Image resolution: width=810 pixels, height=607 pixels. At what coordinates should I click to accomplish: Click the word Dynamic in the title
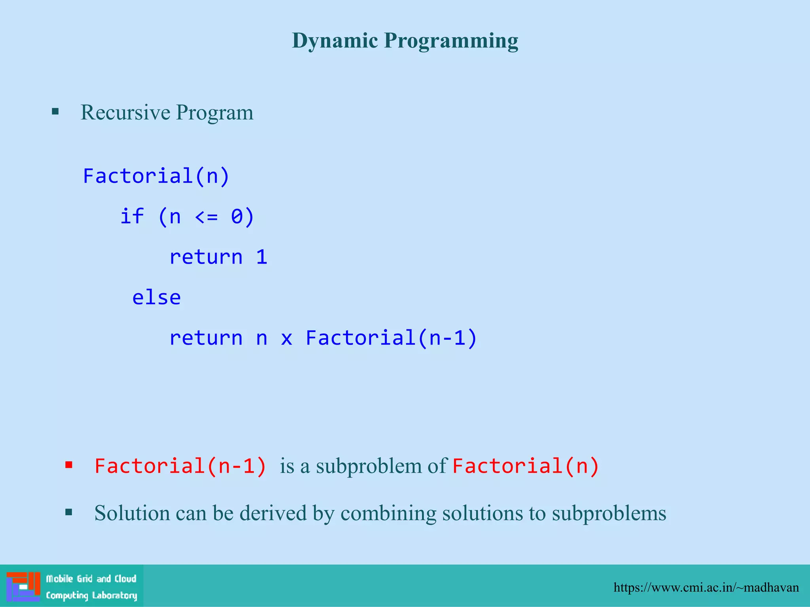point(335,41)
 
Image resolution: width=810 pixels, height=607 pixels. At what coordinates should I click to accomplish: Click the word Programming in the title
point(451,41)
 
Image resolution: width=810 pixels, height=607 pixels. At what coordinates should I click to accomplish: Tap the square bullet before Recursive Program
point(55,111)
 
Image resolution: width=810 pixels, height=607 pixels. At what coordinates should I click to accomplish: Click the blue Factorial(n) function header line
point(156,176)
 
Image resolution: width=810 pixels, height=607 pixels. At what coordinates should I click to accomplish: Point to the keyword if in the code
point(132,217)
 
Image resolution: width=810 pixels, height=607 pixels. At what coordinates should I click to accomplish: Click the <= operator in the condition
point(206,217)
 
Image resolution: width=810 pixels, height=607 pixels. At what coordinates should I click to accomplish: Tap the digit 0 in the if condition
point(237,217)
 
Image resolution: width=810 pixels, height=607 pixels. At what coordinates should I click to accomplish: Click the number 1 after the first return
point(261,257)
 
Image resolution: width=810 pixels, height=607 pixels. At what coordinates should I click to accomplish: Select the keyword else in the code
point(156,298)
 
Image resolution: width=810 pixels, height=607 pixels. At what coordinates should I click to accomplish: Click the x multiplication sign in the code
point(286,338)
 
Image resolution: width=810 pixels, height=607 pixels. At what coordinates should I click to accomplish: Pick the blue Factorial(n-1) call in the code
point(391,338)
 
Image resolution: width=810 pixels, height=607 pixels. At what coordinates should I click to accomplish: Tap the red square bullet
point(69,465)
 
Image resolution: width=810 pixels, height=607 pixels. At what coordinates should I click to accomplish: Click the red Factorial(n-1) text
point(180,466)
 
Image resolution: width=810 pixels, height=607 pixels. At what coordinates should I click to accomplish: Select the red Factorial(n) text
point(526,466)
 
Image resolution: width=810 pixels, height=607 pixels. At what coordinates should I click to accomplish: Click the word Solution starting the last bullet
point(132,513)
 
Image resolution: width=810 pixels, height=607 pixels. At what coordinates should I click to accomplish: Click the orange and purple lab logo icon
point(23,586)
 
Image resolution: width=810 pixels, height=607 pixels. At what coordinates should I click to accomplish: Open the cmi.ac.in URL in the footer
point(706,588)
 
